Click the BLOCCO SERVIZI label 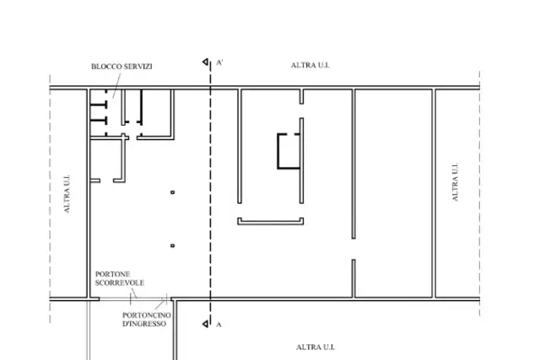click(121, 67)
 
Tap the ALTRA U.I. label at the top click(310, 65)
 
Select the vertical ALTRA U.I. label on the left click(67, 194)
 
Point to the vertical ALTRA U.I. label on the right click(455, 182)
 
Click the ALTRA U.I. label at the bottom click(315, 347)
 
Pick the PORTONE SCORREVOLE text click(120, 278)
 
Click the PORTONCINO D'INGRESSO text click(146, 320)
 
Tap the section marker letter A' click(219, 62)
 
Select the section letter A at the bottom click(219, 325)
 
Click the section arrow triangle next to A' click(206, 62)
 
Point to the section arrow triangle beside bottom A click(206, 324)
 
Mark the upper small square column click(172, 192)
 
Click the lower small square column click(172, 245)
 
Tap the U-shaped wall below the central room click(270, 223)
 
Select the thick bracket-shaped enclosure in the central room click(278, 152)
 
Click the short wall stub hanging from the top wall click(301, 96)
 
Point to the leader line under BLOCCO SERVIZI click(116, 85)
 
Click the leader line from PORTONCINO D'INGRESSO click(160, 304)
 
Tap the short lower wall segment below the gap click(354, 278)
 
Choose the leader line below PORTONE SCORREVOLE click(134, 293)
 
